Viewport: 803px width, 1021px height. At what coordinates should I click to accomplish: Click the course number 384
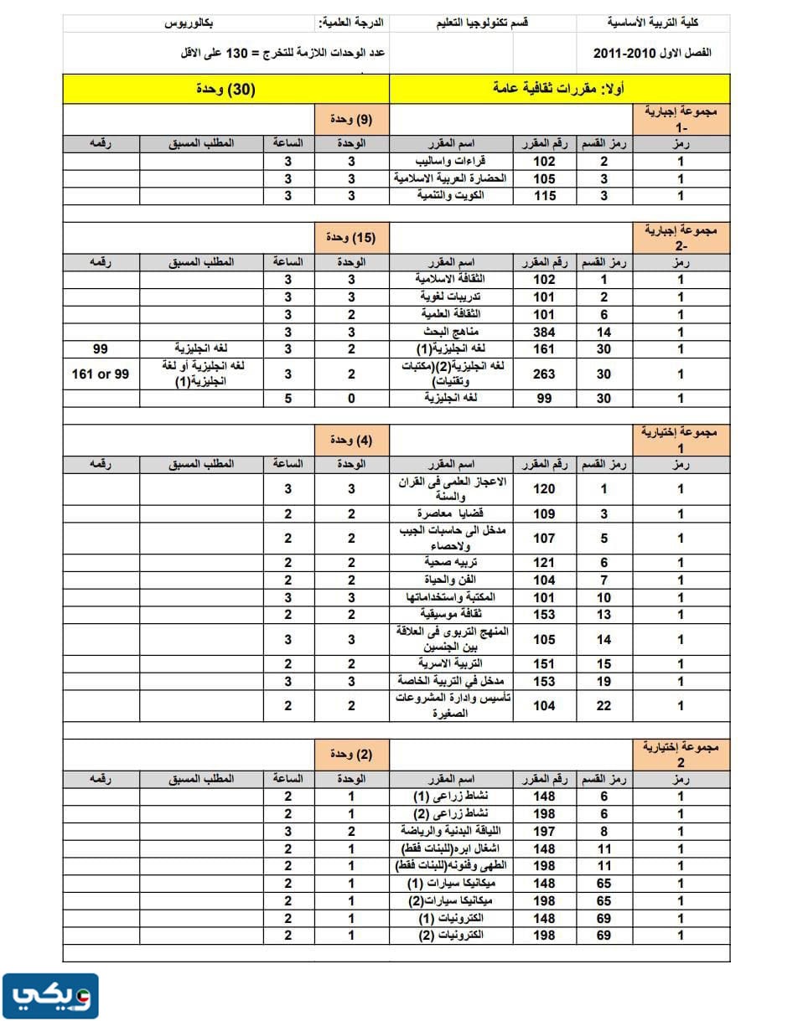pyautogui.click(x=545, y=332)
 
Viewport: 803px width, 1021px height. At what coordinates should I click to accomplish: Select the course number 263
pyautogui.click(x=545, y=374)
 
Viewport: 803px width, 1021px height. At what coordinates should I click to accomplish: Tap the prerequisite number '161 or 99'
pyautogui.click(x=101, y=374)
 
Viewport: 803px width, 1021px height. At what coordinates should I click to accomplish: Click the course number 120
pyautogui.click(x=545, y=489)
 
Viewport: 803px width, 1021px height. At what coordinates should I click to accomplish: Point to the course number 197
pyautogui.click(x=545, y=831)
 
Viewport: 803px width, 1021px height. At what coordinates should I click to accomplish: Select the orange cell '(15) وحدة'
pyautogui.click(x=352, y=238)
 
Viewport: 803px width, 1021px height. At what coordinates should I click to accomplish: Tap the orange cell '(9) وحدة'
pyautogui.click(x=352, y=119)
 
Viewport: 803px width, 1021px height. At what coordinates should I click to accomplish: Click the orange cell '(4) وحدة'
pyautogui.click(x=352, y=440)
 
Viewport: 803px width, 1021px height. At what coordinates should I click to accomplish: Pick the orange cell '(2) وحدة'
pyautogui.click(x=352, y=755)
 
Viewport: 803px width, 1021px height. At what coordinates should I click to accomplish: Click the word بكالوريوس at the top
pyautogui.click(x=192, y=24)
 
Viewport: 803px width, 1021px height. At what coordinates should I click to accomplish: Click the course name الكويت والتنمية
pyautogui.click(x=452, y=195)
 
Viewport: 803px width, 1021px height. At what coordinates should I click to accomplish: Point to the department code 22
pyautogui.click(x=604, y=705)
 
